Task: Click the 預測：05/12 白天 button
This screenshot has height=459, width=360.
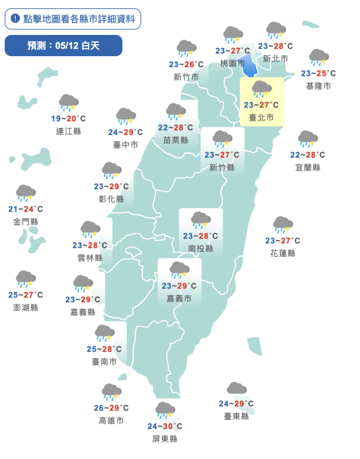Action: tap(63, 46)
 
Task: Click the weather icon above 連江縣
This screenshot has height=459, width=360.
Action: tap(68, 103)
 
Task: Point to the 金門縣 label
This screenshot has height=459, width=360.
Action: tap(26, 222)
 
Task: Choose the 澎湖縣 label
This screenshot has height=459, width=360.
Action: tap(26, 308)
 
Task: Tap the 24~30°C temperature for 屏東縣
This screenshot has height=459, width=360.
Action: tap(165, 425)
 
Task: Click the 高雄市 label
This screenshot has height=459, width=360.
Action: tap(111, 421)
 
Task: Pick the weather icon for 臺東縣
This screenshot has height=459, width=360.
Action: tap(237, 390)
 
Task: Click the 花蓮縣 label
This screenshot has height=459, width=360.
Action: tap(283, 253)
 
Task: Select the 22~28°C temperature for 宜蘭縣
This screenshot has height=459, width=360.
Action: tap(307, 155)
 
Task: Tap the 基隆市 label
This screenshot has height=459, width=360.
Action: tap(318, 86)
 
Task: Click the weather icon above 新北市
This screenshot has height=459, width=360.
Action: tap(276, 31)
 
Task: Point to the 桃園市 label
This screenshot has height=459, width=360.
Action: tap(232, 63)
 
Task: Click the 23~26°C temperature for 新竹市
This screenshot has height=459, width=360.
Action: tap(186, 64)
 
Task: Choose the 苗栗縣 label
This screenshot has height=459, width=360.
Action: tap(176, 140)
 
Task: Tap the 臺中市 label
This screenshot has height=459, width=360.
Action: tap(125, 145)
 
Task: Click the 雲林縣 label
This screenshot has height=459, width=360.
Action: tap(90, 258)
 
